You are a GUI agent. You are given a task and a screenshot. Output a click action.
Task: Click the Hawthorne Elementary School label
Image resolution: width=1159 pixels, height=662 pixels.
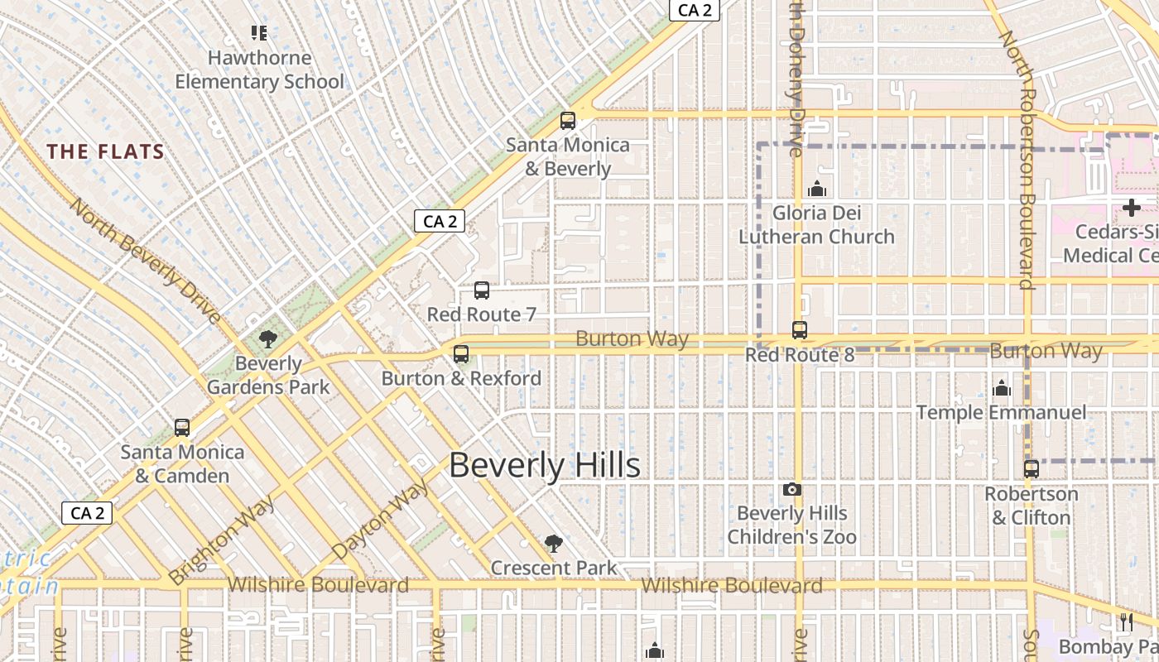[x=259, y=70]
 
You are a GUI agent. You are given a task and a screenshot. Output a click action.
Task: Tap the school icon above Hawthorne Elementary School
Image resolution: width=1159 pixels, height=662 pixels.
[x=259, y=33]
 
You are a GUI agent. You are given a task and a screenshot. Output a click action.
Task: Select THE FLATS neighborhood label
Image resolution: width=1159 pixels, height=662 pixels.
[x=106, y=152]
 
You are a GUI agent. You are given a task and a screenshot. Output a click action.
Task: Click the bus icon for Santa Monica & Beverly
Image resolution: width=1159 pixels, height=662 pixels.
[x=568, y=121]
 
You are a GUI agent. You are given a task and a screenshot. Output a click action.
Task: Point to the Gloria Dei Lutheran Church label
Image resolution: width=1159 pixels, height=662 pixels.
[x=816, y=225]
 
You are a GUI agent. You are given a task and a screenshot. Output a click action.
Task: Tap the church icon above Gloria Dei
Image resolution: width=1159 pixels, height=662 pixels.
[x=817, y=189]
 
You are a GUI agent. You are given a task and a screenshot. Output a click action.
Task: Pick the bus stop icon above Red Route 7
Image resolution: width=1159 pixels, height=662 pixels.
[x=482, y=290]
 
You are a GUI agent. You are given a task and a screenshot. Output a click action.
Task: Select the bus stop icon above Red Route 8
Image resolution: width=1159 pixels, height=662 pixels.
[x=800, y=330]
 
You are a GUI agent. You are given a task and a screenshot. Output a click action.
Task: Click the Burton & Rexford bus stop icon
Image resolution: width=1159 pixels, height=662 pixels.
[x=461, y=354]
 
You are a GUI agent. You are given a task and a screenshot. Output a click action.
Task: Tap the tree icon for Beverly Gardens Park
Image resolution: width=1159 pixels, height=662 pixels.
[x=267, y=338]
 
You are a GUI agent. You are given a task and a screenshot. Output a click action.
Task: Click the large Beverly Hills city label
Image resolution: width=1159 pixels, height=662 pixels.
[x=545, y=466]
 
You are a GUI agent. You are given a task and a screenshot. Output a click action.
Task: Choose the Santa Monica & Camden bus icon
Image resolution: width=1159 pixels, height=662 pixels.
[x=182, y=428]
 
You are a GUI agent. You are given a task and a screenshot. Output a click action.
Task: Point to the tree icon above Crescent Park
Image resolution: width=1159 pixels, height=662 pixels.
[x=554, y=544]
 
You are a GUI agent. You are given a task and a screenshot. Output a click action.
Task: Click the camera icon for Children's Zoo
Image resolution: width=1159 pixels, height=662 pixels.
[x=792, y=490]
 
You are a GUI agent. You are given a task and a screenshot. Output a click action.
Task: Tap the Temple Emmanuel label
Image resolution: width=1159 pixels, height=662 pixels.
[x=1001, y=412]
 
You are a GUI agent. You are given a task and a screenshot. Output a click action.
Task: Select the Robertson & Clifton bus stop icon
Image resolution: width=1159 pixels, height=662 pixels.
[x=1032, y=469]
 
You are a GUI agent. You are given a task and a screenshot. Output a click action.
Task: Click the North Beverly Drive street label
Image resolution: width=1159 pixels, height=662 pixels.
[x=145, y=261]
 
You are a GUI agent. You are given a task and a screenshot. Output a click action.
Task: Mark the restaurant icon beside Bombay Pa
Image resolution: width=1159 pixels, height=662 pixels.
[x=1127, y=622]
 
